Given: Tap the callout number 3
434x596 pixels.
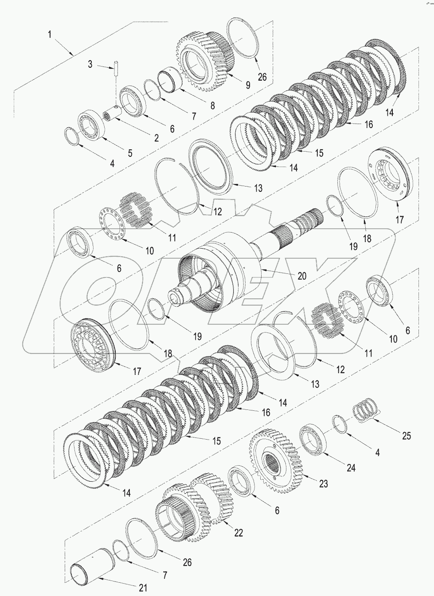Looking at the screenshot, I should [x=90, y=65].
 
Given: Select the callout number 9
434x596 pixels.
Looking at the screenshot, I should [x=247, y=84].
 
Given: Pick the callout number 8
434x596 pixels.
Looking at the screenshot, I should [x=212, y=105].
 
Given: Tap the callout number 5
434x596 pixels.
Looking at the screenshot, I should [x=130, y=153].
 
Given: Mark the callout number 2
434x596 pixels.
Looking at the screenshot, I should [x=156, y=138].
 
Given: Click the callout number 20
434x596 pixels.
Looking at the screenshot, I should [x=301, y=276].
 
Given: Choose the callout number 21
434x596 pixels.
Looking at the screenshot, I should [x=142, y=588].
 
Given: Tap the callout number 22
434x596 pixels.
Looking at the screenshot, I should [x=239, y=533].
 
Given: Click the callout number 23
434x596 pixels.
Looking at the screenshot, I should [x=323, y=483].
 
